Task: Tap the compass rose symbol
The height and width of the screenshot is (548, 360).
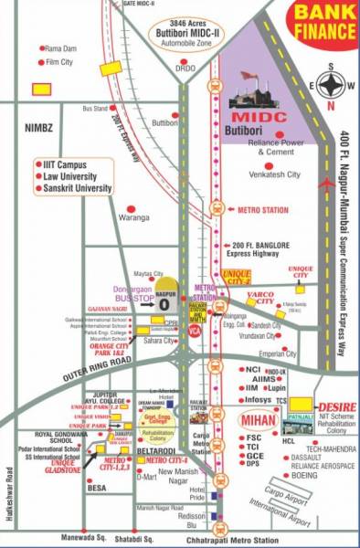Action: point(334,88)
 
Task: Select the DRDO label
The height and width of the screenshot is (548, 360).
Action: point(185,68)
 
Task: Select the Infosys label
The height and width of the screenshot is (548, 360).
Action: point(259,375)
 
